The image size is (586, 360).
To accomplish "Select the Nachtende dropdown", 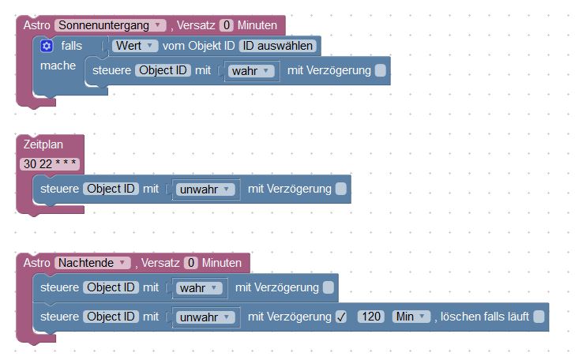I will coord(93,263).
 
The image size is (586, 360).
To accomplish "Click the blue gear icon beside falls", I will coord(47,46).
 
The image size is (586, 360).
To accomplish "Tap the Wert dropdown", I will coord(136,46).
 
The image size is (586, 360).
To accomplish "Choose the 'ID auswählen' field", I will coord(278,46).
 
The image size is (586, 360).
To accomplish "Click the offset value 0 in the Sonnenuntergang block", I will coord(227,25).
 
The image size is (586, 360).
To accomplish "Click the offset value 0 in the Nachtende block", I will coord(190,263).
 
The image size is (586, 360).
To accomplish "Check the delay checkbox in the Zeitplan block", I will coord(340,189).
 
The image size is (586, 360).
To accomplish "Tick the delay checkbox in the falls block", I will coord(381,71).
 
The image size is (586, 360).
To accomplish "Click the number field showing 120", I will coord(370,317).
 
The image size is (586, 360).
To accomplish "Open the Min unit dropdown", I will coord(411,317).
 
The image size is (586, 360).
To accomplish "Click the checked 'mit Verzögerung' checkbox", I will coord(341,317).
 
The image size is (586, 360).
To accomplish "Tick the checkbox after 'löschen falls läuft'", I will coord(539,317).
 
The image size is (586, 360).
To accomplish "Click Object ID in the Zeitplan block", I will coord(111,189).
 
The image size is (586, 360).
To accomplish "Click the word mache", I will coord(58,65).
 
